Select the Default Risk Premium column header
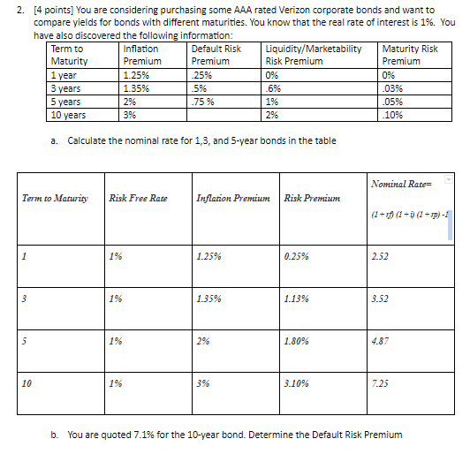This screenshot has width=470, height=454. click(x=216, y=55)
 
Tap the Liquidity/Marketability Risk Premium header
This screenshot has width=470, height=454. click(x=313, y=55)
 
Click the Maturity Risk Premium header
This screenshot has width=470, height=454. click(x=410, y=55)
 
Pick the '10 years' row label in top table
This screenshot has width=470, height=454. click(x=68, y=114)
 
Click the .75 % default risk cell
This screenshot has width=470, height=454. click(x=205, y=102)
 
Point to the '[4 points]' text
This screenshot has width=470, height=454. click(x=42, y=10)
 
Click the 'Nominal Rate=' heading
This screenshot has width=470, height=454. click(x=402, y=182)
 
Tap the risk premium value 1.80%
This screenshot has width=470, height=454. click(x=298, y=340)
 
